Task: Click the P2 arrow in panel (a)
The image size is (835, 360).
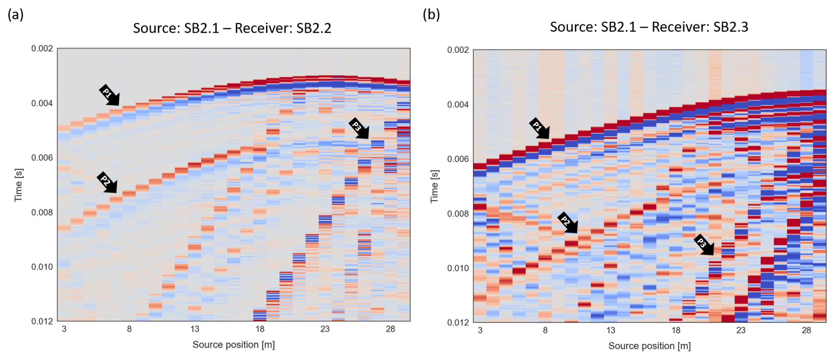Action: pos(107,182)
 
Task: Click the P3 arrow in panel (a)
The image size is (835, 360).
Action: pos(359,128)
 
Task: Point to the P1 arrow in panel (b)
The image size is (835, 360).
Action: pos(539,128)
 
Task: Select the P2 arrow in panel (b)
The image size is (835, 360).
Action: pos(568,223)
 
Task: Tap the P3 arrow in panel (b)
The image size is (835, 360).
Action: pos(704,245)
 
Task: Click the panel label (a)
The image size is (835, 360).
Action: pos(15,15)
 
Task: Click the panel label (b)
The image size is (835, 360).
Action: pos(431,15)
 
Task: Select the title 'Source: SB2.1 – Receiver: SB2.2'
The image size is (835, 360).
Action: pos(232,28)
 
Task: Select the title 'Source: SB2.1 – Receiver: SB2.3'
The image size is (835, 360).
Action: pos(649,27)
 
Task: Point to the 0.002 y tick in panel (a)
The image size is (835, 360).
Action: pos(42,49)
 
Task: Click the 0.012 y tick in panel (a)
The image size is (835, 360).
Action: pos(42,321)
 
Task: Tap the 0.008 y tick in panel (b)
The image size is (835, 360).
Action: pos(458,214)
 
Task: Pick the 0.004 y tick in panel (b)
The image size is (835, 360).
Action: pos(458,105)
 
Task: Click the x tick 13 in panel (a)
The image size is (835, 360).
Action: pos(195,329)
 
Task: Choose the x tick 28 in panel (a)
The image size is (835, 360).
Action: pos(390,329)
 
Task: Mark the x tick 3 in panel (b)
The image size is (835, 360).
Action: pos(480,330)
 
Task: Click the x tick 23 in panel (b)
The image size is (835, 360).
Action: pos(741,330)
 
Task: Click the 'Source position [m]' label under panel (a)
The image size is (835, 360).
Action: pos(233,345)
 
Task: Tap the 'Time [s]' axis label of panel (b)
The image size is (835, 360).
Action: pos(435,186)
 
